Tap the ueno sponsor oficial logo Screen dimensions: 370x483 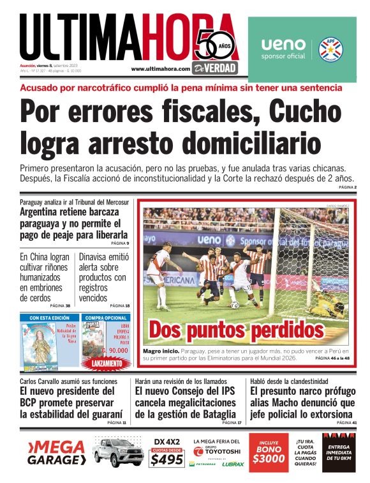tap(284, 48)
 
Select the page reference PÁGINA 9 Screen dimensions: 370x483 tap(119, 243)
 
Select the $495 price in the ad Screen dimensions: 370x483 tap(167, 459)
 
